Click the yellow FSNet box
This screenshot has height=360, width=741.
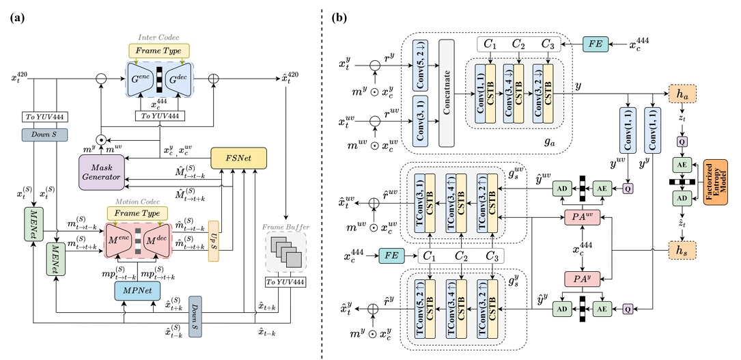pos(239,158)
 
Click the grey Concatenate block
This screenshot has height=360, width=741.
pos(447,92)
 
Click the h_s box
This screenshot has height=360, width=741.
pos(682,251)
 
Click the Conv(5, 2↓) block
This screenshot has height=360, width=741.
pos(421,62)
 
